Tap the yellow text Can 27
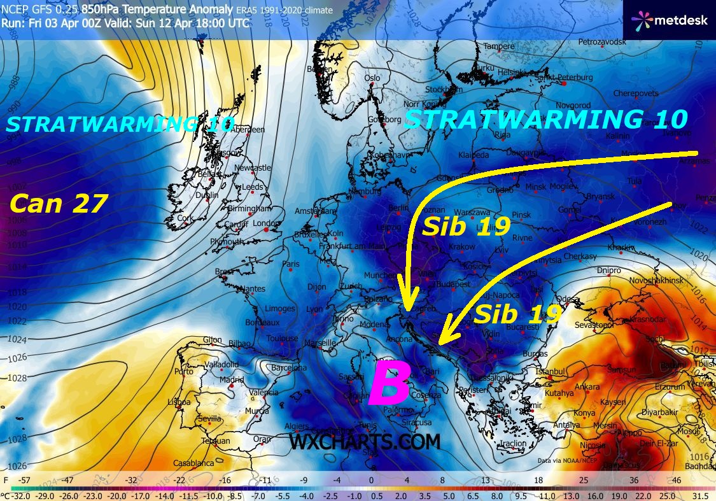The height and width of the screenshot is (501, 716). (x=59, y=204)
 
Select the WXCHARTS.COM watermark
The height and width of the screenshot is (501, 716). (x=365, y=441)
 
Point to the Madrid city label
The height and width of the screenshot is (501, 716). (x=232, y=380)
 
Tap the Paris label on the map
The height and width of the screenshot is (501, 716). (x=291, y=264)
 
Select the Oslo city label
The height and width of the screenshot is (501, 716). (x=372, y=78)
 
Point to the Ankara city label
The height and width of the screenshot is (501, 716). (x=586, y=387)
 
